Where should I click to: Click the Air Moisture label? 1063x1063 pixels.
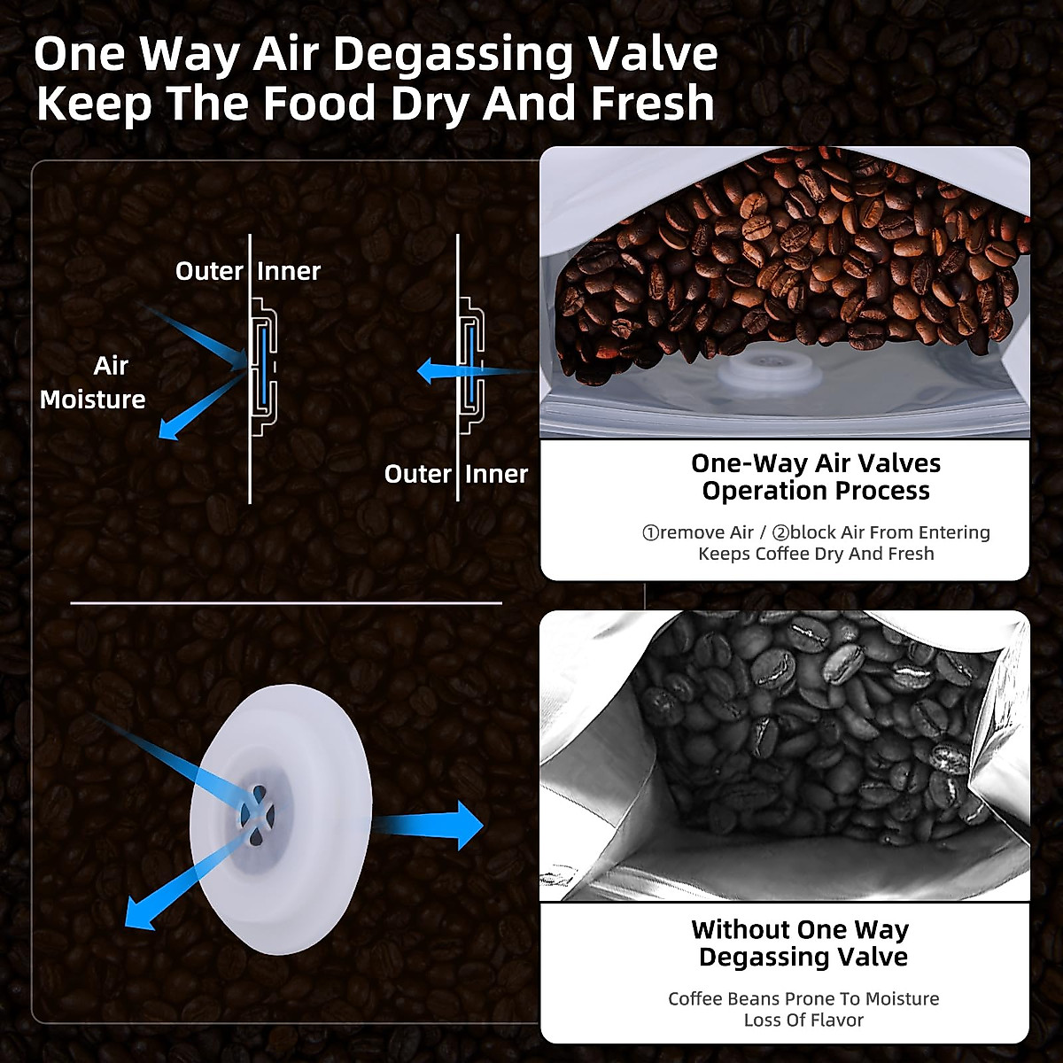(93, 383)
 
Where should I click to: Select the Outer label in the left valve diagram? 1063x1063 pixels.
(209, 271)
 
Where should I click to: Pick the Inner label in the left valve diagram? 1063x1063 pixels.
(289, 271)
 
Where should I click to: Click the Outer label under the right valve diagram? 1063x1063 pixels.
(417, 474)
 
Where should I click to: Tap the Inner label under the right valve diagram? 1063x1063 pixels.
(496, 474)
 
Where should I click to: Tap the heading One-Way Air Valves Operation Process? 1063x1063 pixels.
(816, 477)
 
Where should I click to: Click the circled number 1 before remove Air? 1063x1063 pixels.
(650, 533)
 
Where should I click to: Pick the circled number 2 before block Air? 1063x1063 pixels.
(780, 533)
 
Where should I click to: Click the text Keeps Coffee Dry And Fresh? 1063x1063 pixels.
(816, 555)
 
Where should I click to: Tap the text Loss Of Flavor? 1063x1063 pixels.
(803, 1020)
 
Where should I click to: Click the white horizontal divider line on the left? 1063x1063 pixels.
(285, 603)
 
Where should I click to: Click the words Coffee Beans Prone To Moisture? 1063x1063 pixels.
(803, 999)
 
